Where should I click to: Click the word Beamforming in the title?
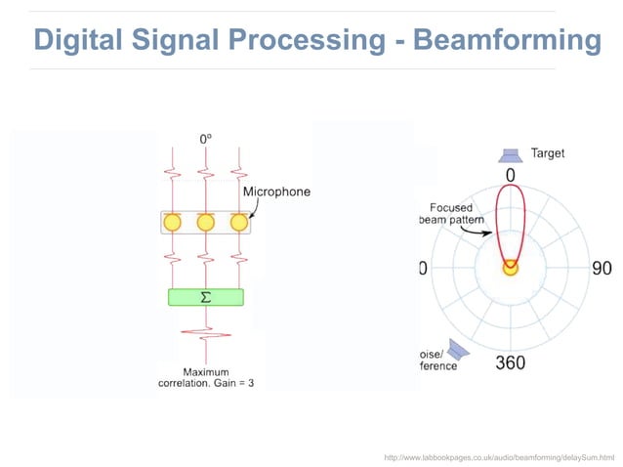[507, 41]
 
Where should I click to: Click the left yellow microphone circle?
[173, 223]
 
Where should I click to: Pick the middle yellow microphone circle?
[206, 223]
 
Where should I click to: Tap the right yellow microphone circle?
[238, 223]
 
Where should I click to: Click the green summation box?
[206, 297]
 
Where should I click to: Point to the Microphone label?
[276, 191]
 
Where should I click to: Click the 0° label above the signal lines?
[206, 140]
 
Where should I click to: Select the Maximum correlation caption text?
[206, 377]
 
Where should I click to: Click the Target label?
[547, 153]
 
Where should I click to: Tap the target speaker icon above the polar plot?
[510, 154]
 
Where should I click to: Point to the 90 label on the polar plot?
[602, 268]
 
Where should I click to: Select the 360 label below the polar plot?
[510, 363]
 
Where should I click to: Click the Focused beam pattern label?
[450, 214]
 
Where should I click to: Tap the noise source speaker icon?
[459, 348]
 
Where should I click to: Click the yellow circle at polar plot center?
[510, 268]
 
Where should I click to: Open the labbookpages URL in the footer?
[500, 456]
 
